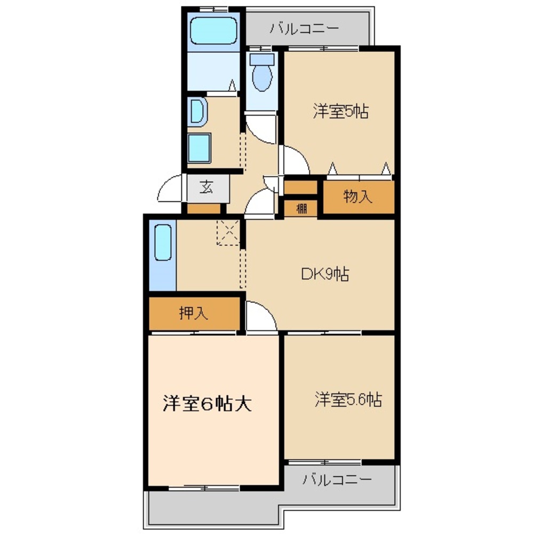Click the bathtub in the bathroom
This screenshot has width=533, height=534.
pos(213,30)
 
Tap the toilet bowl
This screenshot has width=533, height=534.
pos(262,72)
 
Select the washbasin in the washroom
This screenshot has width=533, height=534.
pos(197,112)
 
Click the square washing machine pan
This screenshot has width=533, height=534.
pos(199,148)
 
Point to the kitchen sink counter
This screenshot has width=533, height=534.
pos(163,255)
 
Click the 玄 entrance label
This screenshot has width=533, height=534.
pos(207,187)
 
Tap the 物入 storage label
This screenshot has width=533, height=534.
pos(357,197)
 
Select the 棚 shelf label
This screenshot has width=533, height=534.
pos(301,208)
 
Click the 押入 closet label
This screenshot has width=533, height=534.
pos(193,313)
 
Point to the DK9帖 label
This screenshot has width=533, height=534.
pos(325,274)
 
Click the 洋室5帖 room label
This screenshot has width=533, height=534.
pos(341,111)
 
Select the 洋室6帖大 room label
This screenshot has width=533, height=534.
pos(207,404)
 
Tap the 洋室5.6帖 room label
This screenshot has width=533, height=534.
pos(348,399)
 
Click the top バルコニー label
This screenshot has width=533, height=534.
pos(305,28)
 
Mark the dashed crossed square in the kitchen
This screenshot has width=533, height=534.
pos(228,232)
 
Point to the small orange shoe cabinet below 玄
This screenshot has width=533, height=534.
pos(203,208)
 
